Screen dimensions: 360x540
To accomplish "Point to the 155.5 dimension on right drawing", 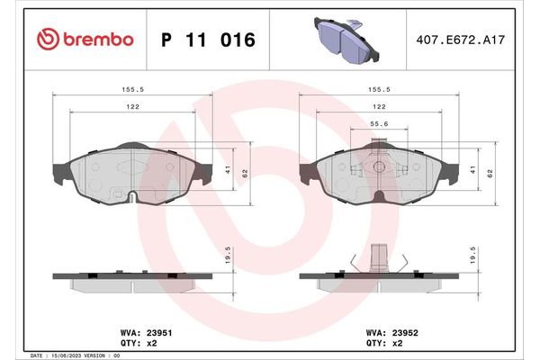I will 379,89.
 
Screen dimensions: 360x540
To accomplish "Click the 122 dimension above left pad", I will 131,107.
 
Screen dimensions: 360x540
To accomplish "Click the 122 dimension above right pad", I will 379,107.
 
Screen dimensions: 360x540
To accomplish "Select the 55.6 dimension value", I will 379,125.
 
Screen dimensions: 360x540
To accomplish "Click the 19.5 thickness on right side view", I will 472,257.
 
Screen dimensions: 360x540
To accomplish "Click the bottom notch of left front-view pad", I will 132,196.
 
